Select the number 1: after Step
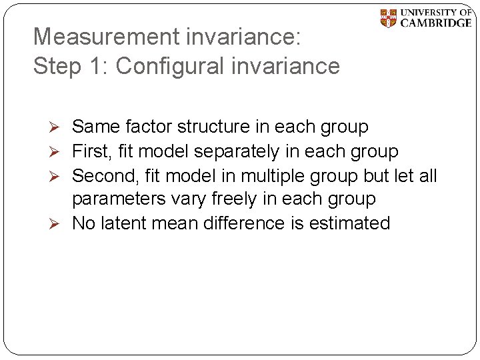96,66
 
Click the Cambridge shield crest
388,18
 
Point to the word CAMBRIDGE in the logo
436,23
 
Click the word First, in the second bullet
91,151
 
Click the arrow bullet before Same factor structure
56,127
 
